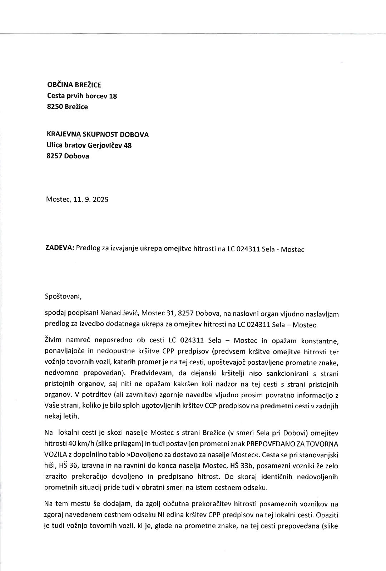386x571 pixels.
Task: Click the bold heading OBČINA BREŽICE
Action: (x=74, y=85)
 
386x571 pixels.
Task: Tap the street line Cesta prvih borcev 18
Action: (x=82, y=96)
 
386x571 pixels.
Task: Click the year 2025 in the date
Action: (x=100, y=200)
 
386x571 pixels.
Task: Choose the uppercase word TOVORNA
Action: (x=323, y=444)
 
